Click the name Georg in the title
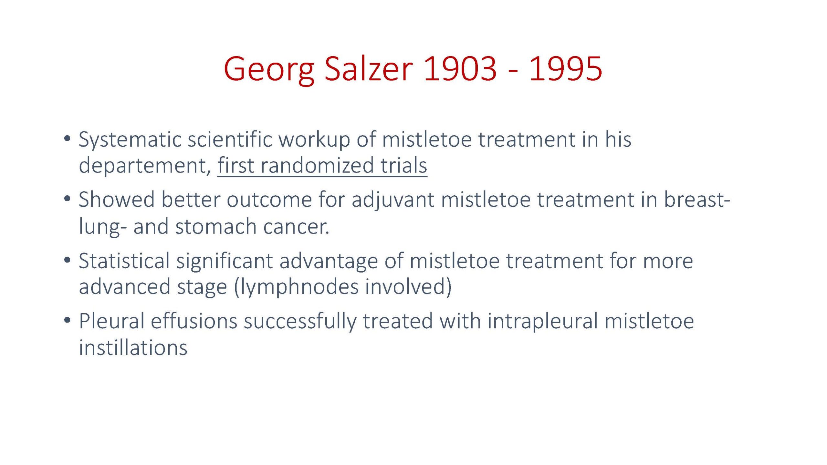(269, 70)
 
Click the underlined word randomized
(317, 165)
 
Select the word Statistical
(124, 261)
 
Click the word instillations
(133, 347)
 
